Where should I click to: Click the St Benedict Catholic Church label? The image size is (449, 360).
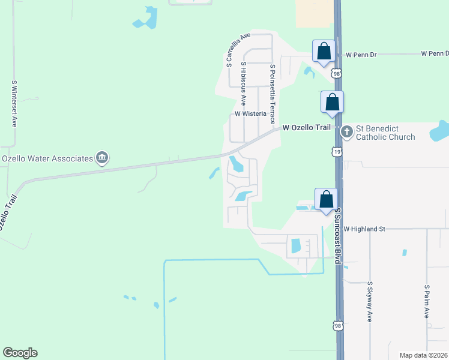385,133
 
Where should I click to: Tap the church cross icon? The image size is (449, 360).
346,131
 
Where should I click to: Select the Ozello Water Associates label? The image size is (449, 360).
47,158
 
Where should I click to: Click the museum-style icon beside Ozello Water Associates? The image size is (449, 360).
102,158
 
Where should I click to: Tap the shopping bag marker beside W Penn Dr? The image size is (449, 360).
324,52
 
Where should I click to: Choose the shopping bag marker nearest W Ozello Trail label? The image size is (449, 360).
332,103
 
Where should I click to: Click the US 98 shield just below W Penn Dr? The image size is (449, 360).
337,73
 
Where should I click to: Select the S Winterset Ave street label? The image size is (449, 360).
14,103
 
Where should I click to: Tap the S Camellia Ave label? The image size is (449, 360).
237,49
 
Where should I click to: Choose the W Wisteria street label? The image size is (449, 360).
250,113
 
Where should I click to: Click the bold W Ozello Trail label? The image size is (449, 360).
307,127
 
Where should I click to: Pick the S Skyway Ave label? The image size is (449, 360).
369,302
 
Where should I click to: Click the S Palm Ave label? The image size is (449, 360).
427,302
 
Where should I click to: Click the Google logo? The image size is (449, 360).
20,353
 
